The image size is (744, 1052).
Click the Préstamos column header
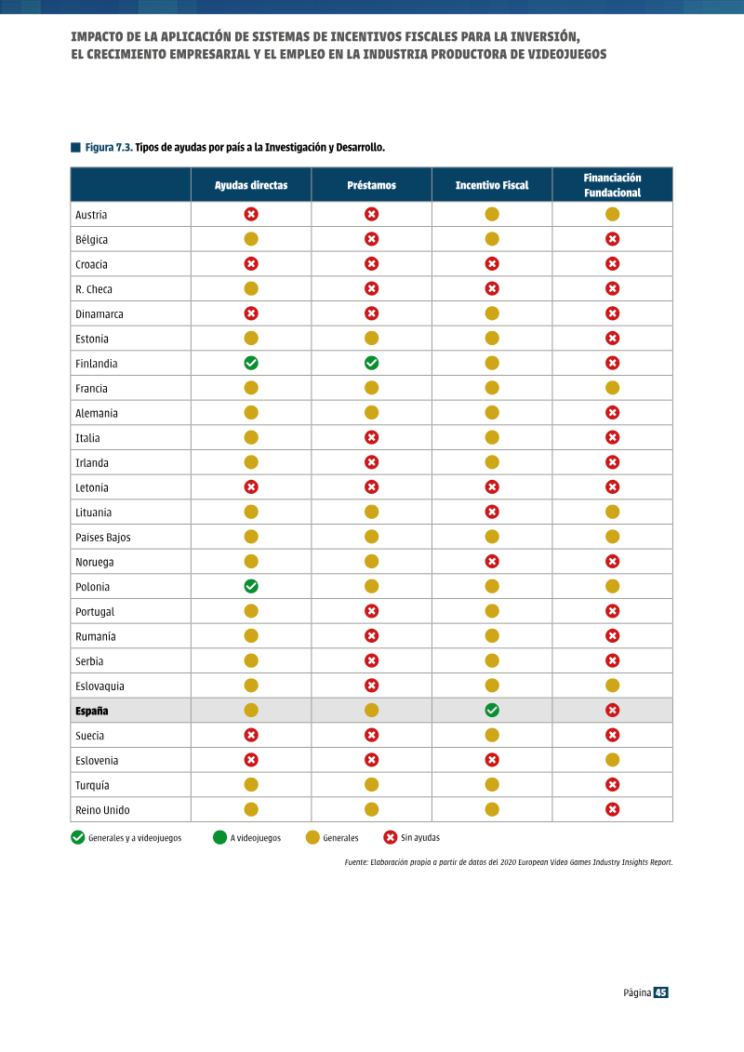[371, 185]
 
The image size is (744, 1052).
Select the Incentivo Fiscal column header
[492, 185]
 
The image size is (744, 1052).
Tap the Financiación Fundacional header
[613, 185]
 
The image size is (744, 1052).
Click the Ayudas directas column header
[251, 185]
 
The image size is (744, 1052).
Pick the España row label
[91, 712]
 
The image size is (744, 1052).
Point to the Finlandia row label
[96, 364]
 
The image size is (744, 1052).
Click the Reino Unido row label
[102, 810]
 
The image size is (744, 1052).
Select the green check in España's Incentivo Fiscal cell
[492, 711]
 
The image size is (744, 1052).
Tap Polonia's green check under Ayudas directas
[251, 586]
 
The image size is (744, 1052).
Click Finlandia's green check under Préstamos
[371, 363]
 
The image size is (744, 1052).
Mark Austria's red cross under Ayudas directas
[251, 214]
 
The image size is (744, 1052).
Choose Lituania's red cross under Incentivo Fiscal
[492, 512]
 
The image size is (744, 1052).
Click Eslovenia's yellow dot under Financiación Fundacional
[612, 760]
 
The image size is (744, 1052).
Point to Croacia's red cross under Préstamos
[371, 263]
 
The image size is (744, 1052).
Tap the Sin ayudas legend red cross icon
[390, 837]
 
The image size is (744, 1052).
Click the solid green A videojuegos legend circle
[219, 837]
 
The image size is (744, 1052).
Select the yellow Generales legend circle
[312, 837]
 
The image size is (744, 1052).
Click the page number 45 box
[661, 992]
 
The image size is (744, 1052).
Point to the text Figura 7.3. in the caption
[109, 148]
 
